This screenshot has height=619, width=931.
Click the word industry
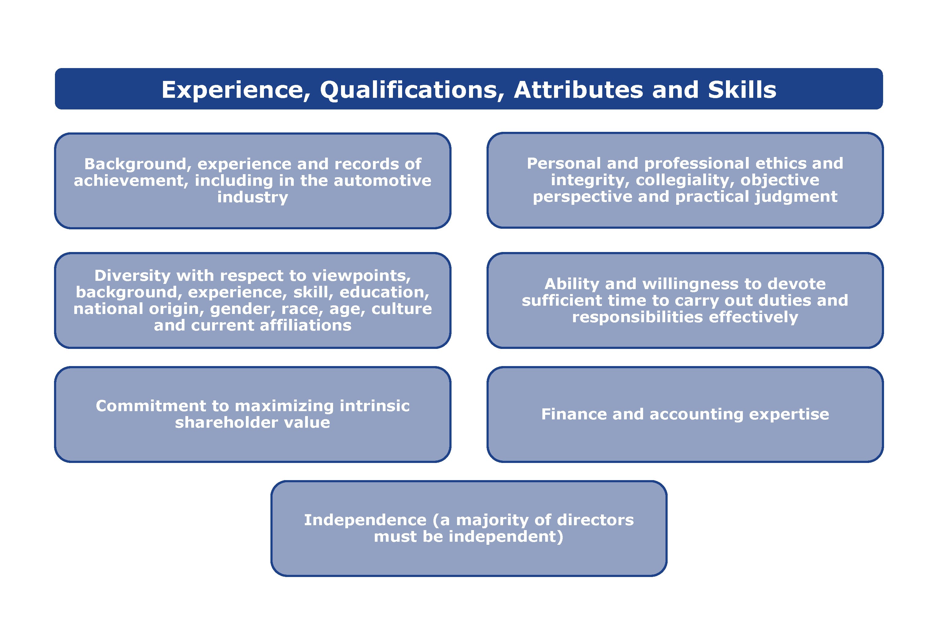(x=253, y=197)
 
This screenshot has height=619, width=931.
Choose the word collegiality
(x=685, y=180)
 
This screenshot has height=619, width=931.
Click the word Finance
(x=573, y=414)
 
